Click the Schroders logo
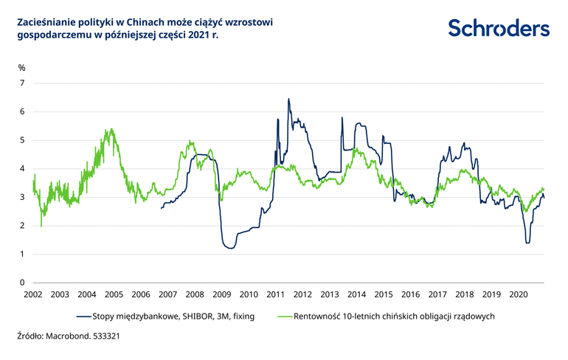pyautogui.click(x=499, y=28)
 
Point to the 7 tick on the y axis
pyautogui.click(x=22, y=83)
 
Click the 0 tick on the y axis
pyautogui.click(x=22, y=283)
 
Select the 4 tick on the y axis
pyautogui.click(x=22, y=169)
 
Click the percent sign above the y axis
pyautogui.click(x=21, y=68)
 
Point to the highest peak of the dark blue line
pyautogui.click(x=288, y=99)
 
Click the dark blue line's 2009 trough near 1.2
pyautogui.click(x=231, y=249)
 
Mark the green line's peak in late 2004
pyautogui.click(x=109, y=130)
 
